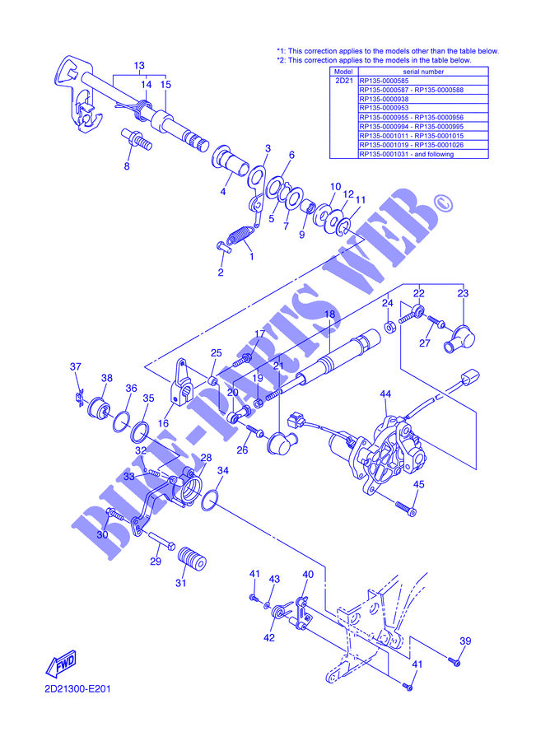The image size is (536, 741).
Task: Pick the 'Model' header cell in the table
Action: pyautogui.click(x=343, y=72)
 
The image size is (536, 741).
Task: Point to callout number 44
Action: pyautogui.click(x=385, y=394)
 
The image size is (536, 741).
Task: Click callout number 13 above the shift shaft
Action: pyautogui.click(x=138, y=65)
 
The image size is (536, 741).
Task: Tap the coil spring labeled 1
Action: pyautogui.click(x=240, y=235)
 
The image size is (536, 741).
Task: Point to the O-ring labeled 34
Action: pyautogui.click(x=210, y=498)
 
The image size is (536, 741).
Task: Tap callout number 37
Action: pyautogui.click(x=76, y=366)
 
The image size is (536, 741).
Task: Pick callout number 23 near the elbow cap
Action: pyautogui.click(x=462, y=293)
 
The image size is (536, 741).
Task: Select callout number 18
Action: pyautogui.click(x=329, y=314)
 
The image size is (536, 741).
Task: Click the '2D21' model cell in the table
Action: pyautogui.click(x=343, y=81)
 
